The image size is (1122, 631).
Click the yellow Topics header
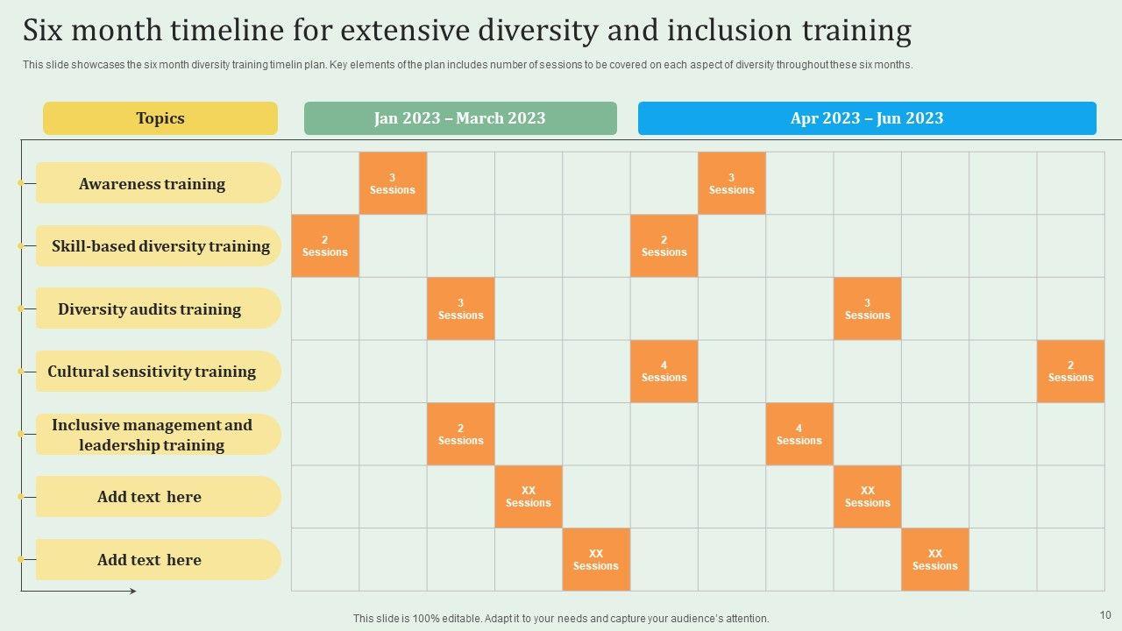pyautogui.click(x=160, y=118)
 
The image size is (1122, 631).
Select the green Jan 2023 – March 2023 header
pyautogui.click(x=460, y=118)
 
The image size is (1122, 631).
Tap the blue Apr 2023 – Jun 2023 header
pyautogui.click(x=867, y=118)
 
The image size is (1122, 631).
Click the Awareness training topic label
pyautogui.click(x=153, y=184)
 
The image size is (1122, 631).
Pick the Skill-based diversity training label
pyautogui.click(x=160, y=246)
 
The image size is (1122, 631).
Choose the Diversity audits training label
pyautogui.click(x=150, y=309)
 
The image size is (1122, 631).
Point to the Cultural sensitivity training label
pyautogui.click(x=153, y=372)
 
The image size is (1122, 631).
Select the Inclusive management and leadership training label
pyautogui.click(x=152, y=435)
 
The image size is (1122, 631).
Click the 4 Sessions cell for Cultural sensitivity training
pyautogui.click(x=664, y=372)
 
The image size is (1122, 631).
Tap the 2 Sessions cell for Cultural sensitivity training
pyautogui.click(x=1070, y=372)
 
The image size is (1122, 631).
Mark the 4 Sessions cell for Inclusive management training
pyautogui.click(x=799, y=435)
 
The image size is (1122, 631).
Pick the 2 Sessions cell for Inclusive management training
pyautogui.click(x=460, y=435)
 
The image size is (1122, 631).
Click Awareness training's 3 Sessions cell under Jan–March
pyautogui.click(x=393, y=183)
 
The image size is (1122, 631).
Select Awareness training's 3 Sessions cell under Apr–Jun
pyautogui.click(x=731, y=183)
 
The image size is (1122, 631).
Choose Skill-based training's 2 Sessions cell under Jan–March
pyautogui.click(x=324, y=246)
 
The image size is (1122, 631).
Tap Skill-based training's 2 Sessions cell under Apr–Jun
pyautogui.click(x=664, y=246)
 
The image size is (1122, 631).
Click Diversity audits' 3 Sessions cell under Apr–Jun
pyautogui.click(x=867, y=309)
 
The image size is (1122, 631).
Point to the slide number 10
pyautogui.click(x=1105, y=615)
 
